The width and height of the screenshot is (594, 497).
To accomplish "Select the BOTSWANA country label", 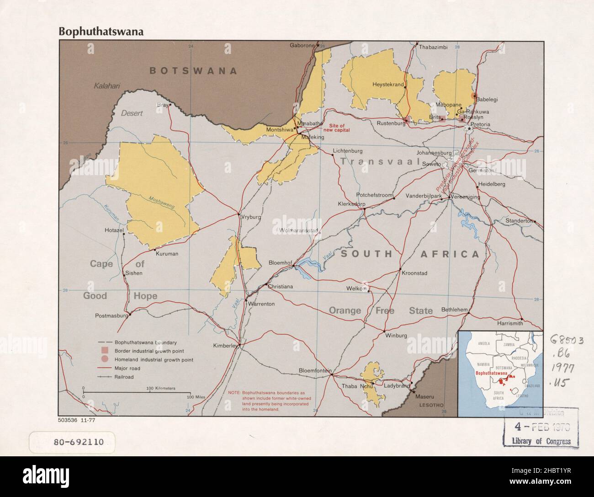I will click(194, 71).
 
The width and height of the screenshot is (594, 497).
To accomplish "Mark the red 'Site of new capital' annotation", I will click(337, 128).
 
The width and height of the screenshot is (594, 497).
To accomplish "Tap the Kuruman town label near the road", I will click(167, 254).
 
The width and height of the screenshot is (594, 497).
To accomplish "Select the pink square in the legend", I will click(105, 351).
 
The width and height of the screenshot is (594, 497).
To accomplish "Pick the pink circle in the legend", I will click(105, 359).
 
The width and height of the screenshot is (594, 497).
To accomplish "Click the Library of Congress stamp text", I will click(542, 441).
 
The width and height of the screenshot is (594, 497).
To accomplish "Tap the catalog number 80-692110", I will click(73, 442).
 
